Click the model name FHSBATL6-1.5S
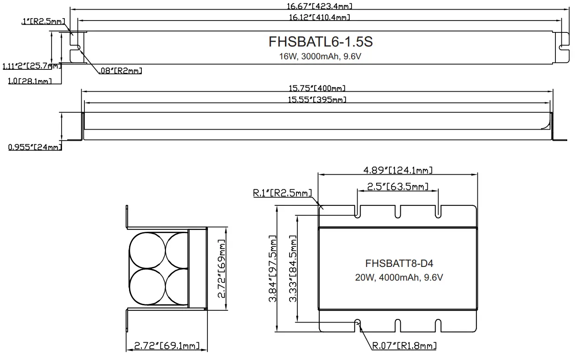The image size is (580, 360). point(321,42)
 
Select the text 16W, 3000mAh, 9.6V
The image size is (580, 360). point(321,56)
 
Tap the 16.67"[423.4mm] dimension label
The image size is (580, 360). point(320,6)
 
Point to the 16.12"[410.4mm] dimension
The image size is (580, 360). point(320,17)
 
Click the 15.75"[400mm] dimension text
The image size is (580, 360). point(316,88)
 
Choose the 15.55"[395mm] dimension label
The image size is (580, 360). point(316,99)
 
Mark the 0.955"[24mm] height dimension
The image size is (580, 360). point(34,147)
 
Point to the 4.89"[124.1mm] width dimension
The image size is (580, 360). point(398,170)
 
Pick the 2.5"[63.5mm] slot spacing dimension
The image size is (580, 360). point(398,186)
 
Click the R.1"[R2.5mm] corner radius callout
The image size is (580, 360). point(282,193)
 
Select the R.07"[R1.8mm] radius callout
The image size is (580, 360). point(404,346)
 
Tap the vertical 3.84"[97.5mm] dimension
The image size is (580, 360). point(273,269)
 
